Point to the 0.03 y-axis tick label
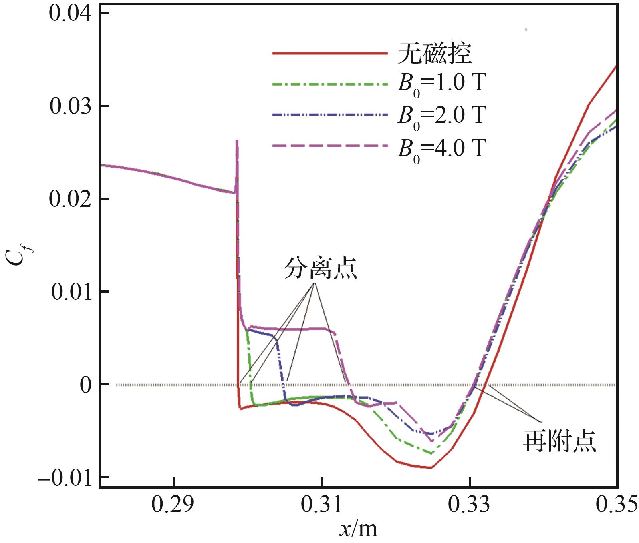(71, 106)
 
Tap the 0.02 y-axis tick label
(71, 199)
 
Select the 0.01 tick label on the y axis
(71, 291)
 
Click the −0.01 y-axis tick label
(66, 477)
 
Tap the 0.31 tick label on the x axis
(321, 505)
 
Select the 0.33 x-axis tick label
(470, 505)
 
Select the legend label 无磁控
(435, 53)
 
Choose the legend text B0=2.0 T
(441, 116)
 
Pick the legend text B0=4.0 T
(441, 148)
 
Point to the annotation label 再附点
(559, 441)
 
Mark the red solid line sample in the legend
(330, 53)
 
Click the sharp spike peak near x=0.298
(237, 141)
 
